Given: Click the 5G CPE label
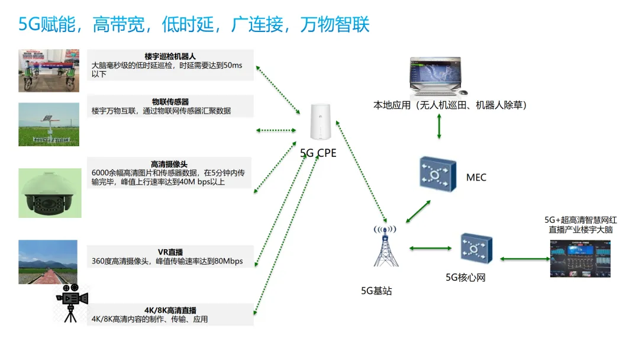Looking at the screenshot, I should [318, 153].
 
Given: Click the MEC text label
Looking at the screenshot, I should [476, 177].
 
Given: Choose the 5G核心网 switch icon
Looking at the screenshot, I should [476, 249].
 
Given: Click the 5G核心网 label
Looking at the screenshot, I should [466, 277].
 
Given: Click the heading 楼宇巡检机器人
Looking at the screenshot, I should [170, 56].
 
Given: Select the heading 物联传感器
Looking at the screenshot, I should [170, 102].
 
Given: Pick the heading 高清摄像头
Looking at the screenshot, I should [170, 164].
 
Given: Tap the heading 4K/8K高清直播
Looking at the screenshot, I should [170, 310].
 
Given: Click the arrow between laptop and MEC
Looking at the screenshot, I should [438, 127].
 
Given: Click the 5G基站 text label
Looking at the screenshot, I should [376, 291].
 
